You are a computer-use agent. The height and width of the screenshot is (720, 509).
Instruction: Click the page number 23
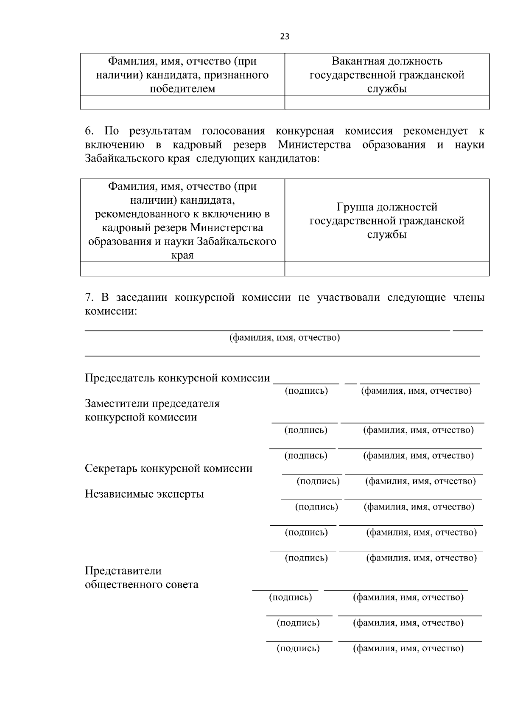coord(285,36)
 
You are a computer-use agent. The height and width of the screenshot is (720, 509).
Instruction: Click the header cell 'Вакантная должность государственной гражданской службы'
coord(386,75)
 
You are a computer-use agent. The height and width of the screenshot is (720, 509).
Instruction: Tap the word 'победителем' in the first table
coord(182,89)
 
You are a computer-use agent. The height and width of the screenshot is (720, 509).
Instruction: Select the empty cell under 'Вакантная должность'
coord(386,102)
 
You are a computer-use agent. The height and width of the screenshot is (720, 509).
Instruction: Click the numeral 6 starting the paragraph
coord(88,131)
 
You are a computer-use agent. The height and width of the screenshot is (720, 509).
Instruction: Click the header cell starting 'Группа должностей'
coord(386,221)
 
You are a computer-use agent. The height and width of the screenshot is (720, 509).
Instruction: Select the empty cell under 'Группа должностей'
coord(386,269)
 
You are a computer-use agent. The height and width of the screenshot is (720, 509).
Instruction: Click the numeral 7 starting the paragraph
coord(88,297)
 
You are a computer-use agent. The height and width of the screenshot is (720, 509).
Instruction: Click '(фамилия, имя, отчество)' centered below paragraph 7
coord(284,338)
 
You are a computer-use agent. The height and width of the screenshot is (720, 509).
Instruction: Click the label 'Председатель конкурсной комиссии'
coord(177,378)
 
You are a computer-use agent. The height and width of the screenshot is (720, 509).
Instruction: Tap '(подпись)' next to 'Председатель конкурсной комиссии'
coord(306,391)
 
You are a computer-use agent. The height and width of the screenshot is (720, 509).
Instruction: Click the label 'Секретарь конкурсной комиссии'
coord(168,468)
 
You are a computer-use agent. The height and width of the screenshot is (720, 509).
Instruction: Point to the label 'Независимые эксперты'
coord(144,494)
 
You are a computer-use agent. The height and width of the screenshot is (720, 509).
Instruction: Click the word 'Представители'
coord(123,571)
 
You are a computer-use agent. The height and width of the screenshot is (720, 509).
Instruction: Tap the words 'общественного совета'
coord(141,585)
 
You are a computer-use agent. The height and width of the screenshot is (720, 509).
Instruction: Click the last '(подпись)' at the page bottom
coord(298,648)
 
